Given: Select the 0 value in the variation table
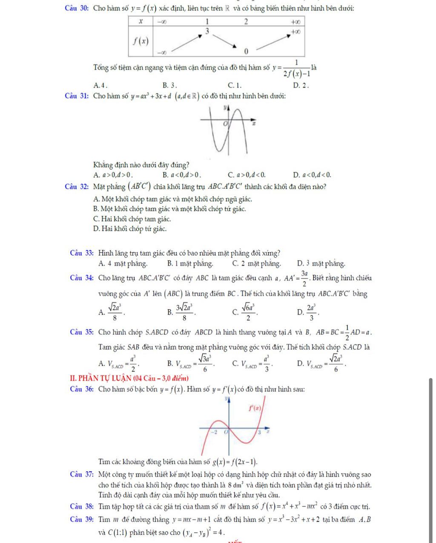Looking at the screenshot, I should (246, 51).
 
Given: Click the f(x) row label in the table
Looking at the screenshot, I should (141, 41).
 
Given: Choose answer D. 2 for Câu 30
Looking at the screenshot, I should (301, 84).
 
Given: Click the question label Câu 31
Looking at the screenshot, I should (77, 96).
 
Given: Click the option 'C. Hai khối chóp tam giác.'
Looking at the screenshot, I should (132, 219).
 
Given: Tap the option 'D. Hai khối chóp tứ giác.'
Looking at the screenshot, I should (129, 229).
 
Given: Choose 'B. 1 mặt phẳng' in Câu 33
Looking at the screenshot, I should (190, 264).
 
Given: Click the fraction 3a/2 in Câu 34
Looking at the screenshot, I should (304, 279).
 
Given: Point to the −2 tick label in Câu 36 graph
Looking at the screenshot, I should (215, 432).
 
